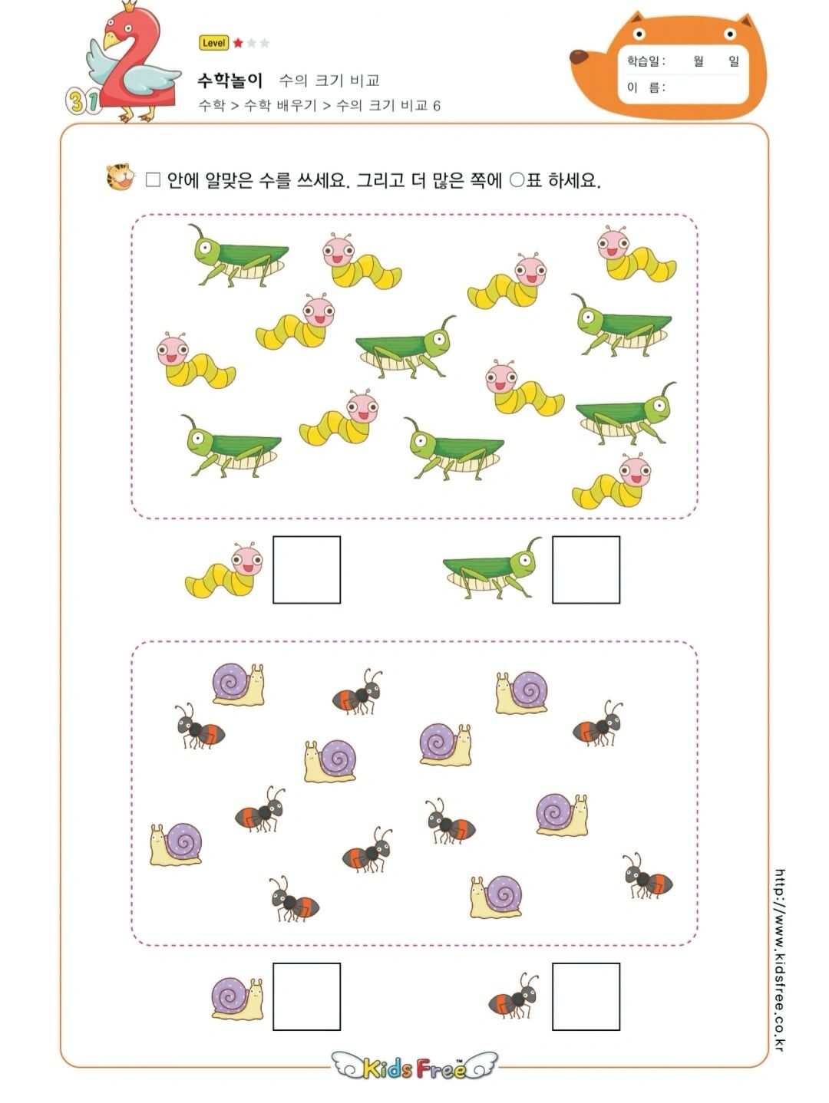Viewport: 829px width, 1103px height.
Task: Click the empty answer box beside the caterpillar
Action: point(306,569)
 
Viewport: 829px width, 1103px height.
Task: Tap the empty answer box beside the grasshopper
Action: point(586,569)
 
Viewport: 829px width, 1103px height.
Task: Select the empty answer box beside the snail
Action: point(306,996)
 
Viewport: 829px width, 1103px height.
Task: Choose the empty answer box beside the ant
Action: point(586,996)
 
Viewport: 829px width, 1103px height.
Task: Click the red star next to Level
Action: point(238,43)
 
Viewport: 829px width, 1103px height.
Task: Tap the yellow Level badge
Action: point(213,43)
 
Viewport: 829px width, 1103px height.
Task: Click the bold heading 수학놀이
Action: point(230,80)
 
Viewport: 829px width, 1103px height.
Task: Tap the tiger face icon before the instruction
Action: point(120,177)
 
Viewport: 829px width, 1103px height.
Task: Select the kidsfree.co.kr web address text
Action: point(780,959)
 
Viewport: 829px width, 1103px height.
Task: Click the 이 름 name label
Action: point(646,87)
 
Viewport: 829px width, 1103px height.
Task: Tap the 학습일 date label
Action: point(646,61)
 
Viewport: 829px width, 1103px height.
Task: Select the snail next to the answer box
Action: point(237,998)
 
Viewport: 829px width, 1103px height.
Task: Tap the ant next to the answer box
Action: point(514,997)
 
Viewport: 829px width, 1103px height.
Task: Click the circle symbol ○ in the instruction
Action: point(517,180)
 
